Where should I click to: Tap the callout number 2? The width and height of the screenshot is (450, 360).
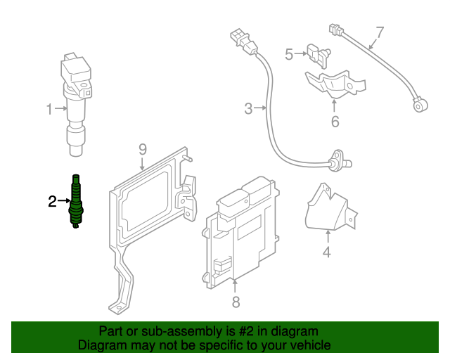[52, 202]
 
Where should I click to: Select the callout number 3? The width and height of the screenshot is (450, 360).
[248, 109]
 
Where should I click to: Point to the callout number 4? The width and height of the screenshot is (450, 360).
[327, 252]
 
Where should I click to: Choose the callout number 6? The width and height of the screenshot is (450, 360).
[335, 122]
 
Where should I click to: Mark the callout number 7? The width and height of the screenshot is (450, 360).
[380, 32]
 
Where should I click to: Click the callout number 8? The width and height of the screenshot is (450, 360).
[236, 302]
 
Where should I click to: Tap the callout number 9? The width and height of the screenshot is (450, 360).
[142, 149]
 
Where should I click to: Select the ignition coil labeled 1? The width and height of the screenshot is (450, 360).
[76, 98]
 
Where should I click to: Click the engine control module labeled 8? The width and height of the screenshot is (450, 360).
[239, 232]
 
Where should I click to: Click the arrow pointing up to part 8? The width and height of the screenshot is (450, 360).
[236, 286]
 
